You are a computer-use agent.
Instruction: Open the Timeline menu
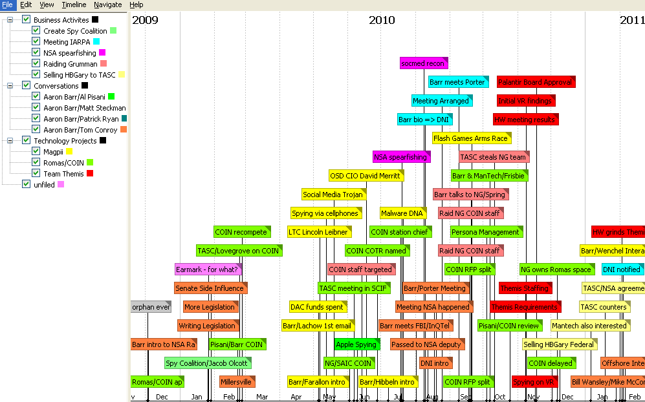(74, 5)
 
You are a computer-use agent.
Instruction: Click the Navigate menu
(107, 5)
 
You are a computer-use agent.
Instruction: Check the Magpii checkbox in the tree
(36, 151)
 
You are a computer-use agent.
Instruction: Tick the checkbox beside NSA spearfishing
(36, 52)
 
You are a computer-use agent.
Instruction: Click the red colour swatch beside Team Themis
(90, 173)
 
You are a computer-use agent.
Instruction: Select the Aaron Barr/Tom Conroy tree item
(80, 129)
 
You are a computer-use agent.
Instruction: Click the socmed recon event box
(424, 63)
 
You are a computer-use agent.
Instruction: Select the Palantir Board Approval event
(536, 82)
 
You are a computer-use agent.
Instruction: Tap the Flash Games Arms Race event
(472, 138)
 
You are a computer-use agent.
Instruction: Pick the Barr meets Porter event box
(457, 82)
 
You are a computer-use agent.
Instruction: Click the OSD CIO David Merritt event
(366, 176)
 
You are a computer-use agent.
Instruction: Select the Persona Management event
(486, 232)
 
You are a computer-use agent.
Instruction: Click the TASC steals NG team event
(494, 157)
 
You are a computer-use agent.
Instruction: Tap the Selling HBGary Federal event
(560, 344)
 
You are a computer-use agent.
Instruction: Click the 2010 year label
(382, 20)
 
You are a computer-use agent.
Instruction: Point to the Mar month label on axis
(262, 397)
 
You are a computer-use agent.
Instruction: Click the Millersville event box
(237, 382)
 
